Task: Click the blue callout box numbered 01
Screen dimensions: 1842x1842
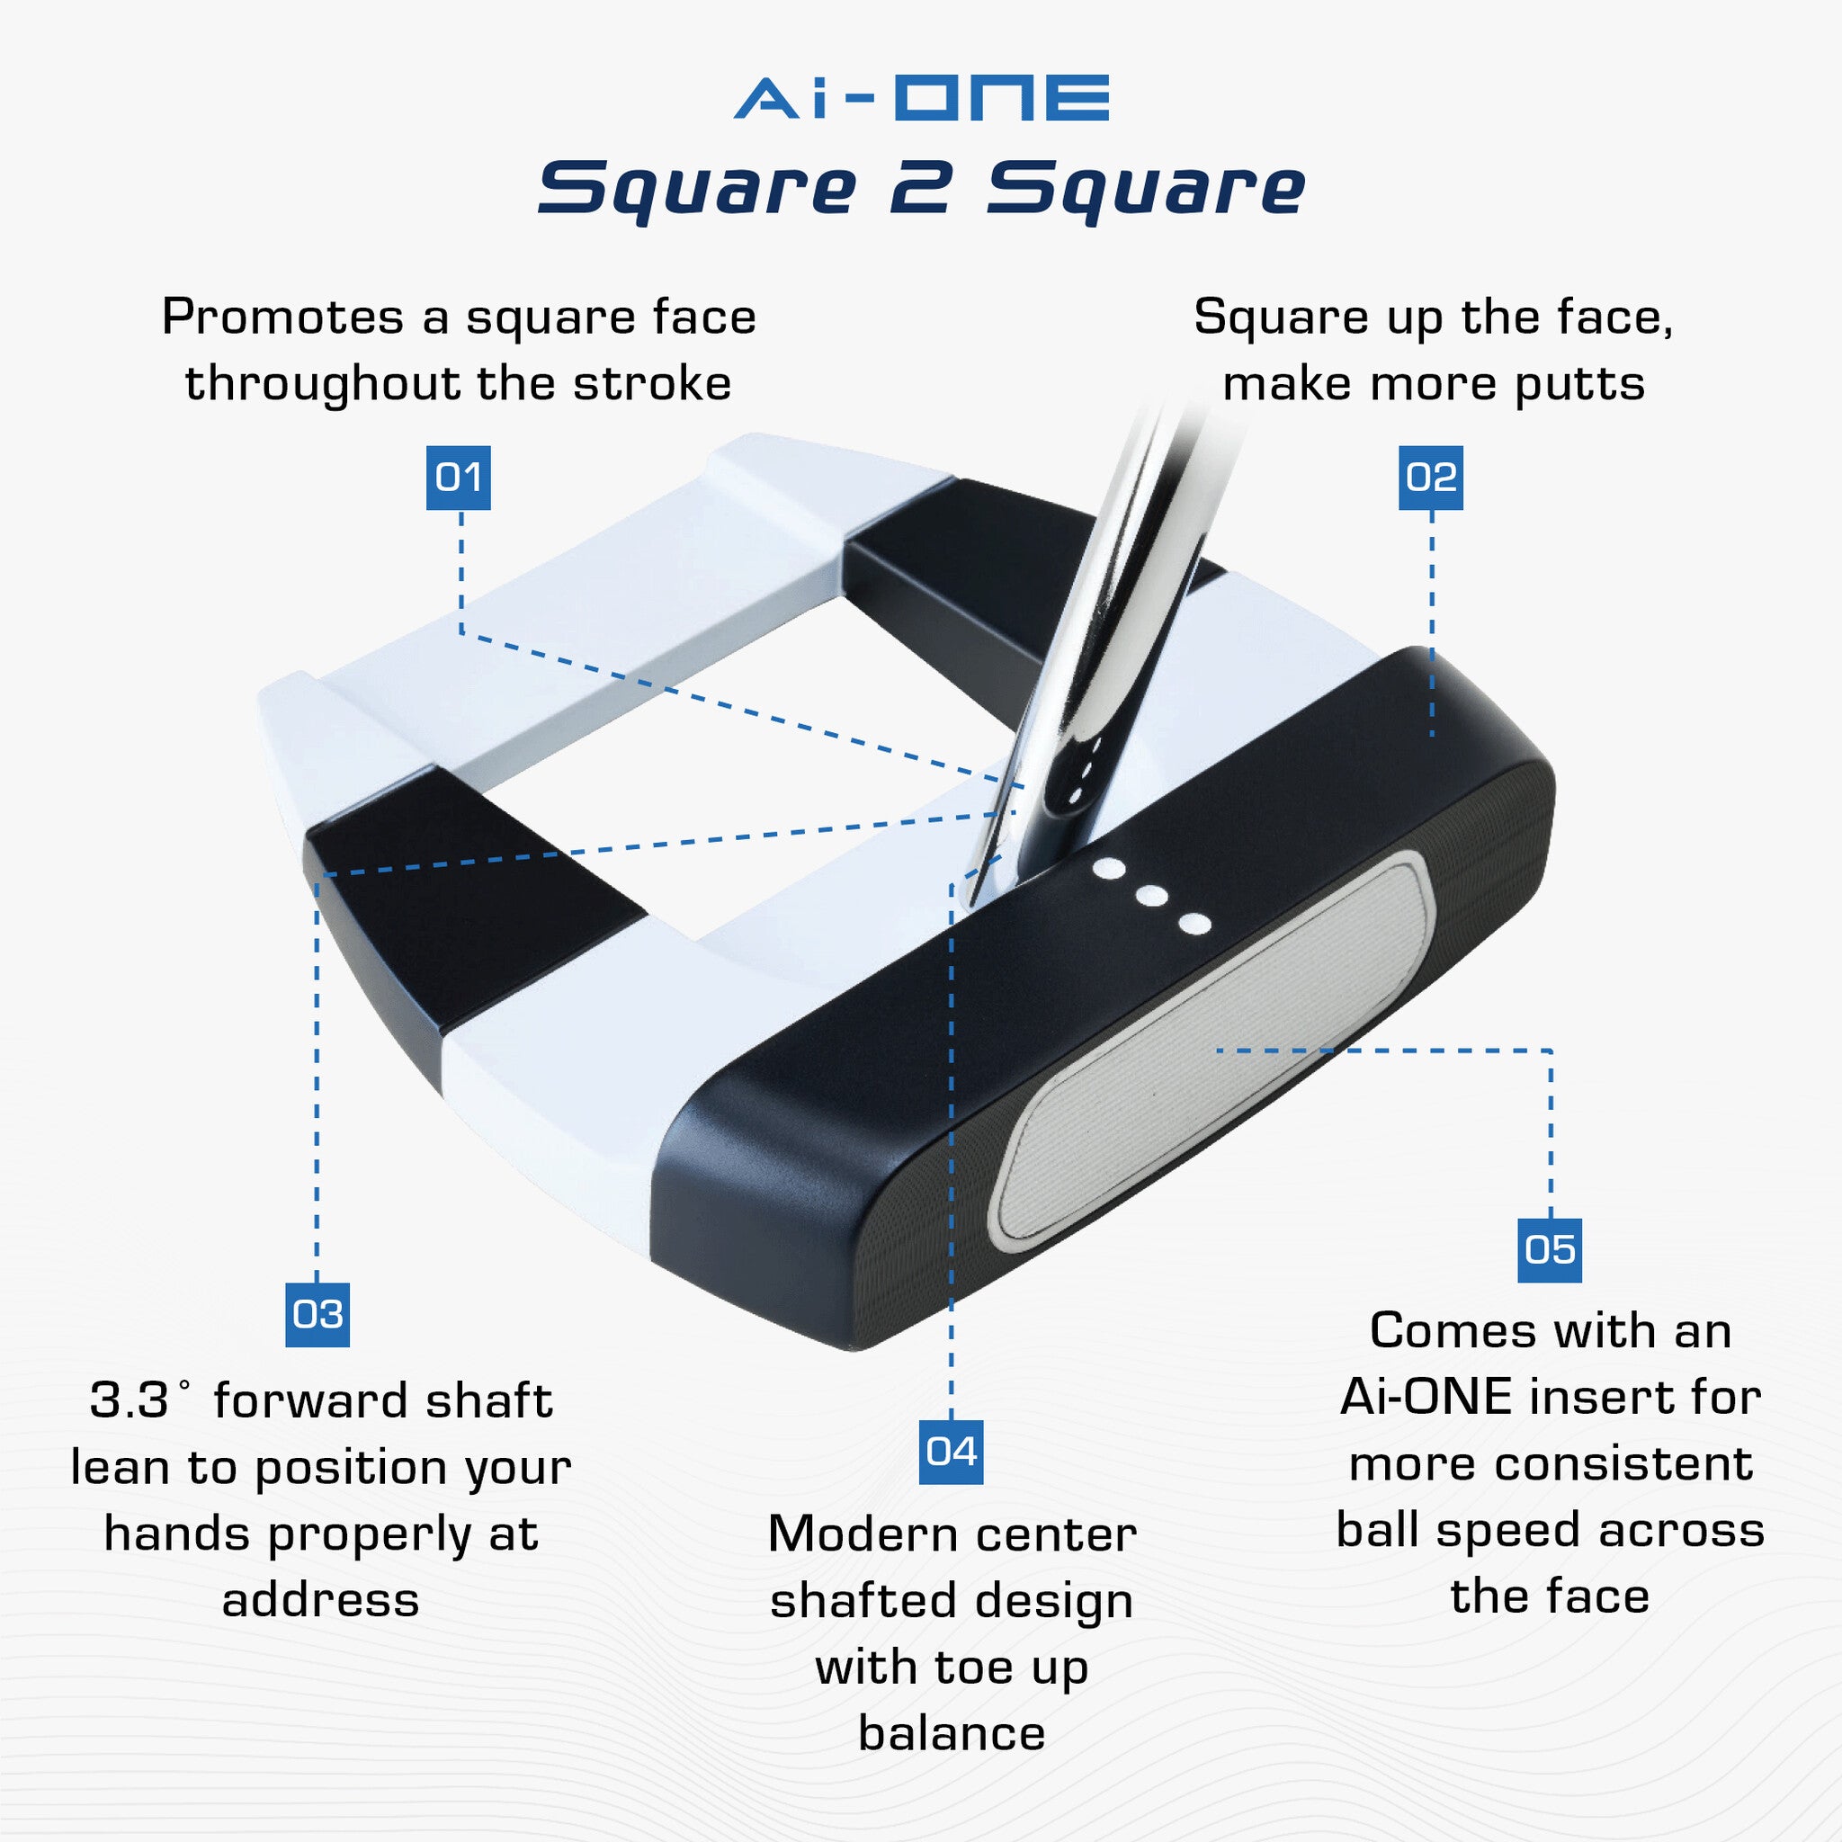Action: pyautogui.click(x=458, y=477)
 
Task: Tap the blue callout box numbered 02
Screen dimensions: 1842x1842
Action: pyautogui.click(x=1430, y=477)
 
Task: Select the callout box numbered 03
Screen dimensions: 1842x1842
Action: pyautogui.click(x=317, y=1314)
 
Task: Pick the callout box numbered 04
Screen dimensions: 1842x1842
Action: pyautogui.click(x=951, y=1451)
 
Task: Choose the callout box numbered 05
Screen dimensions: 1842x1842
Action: pyautogui.click(x=1550, y=1249)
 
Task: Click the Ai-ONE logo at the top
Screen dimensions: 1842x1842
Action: pyautogui.click(x=921, y=97)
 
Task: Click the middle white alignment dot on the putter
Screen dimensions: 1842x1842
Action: pyautogui.click(x=1152, y=895)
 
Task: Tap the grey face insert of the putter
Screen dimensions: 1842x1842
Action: pyautogui.click(x=1211, y=1049)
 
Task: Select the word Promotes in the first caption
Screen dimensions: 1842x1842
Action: pyautogui.click(x=282, y=317)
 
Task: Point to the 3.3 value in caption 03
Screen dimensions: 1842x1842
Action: pyautogui.click(x=129, y=1400)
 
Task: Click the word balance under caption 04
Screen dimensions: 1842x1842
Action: pyautogui.click(x=951, y=1732)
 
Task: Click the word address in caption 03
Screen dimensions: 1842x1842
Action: pyautogui.click(x=320, y=1600)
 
